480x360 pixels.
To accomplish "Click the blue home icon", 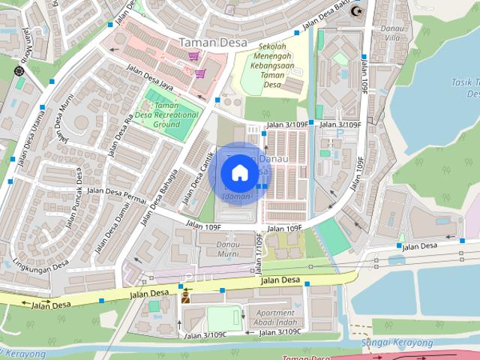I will tap(238, 172).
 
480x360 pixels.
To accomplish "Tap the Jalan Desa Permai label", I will tap(115, 191).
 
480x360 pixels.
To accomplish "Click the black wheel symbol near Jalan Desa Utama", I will tap(19, 71).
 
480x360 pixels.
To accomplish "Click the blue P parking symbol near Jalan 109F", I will tap(340, 132).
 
